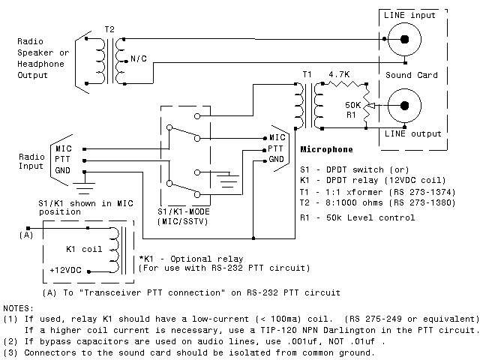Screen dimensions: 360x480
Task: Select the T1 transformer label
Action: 307,75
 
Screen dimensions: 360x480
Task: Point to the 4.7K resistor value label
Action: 340,75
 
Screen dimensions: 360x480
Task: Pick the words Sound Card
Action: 412,76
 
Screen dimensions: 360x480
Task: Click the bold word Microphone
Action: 326,150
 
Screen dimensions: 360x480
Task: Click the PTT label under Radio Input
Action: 64,160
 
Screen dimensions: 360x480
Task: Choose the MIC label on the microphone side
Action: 277,138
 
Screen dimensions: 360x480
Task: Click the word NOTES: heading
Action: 19,308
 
